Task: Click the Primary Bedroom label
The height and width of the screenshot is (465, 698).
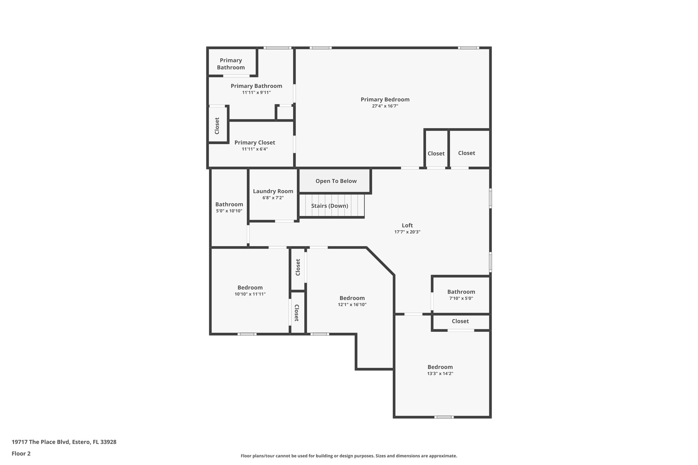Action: [385, 99]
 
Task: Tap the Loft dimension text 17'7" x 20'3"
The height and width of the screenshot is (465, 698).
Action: [407, 232]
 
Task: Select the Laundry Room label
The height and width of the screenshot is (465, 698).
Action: [273, 191]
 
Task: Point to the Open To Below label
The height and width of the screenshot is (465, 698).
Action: [336, 181]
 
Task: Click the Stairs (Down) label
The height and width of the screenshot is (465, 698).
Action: [330, 206]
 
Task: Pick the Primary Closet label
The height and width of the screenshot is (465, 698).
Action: [255, 142]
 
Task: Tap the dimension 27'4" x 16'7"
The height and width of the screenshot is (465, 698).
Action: [385, 106]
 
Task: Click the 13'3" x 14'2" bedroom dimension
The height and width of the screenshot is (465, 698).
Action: [440, 373]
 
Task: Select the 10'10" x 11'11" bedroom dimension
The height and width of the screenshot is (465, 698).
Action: [250, 294]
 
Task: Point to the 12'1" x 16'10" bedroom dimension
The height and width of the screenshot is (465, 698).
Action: [352, 305]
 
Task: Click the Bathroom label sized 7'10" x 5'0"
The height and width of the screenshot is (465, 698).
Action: [461, 292]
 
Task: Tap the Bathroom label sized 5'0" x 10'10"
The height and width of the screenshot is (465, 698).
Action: [229, 204]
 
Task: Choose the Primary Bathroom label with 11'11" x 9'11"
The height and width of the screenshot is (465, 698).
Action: [256, 86]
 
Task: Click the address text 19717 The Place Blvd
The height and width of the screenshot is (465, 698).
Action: [64, 442]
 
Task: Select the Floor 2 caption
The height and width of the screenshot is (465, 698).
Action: [21, 453]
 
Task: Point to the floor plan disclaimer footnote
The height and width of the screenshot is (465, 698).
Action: [349, 456]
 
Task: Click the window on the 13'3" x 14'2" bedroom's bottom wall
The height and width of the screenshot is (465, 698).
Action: [444, 417]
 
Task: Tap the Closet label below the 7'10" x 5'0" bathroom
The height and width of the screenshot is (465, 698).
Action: [460, 321]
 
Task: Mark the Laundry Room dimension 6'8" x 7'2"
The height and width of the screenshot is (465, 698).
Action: [273, 198]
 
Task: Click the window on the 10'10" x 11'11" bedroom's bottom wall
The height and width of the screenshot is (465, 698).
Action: [247, 334]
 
